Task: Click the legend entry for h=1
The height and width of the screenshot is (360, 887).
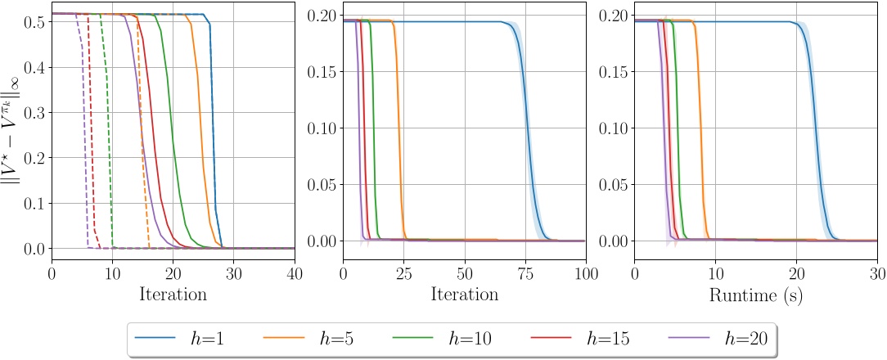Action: (180, 339)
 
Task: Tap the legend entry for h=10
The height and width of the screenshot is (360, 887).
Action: (442, 339)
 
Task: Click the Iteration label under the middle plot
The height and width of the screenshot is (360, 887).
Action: (464, 294)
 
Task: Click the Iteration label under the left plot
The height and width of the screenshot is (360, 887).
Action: (173, 294)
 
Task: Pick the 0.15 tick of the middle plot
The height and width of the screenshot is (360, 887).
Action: (322, 72)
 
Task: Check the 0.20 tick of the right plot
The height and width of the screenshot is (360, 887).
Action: (613, 16)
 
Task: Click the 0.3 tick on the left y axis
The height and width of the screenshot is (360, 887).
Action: (34, 112)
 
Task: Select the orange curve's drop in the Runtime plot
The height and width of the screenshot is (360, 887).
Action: (701, 131)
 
